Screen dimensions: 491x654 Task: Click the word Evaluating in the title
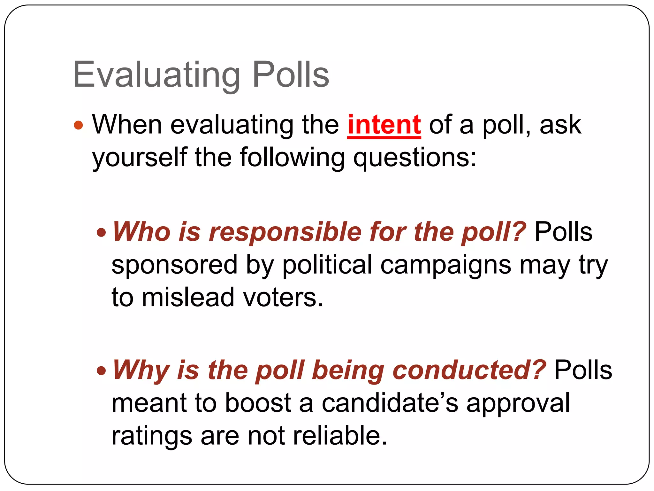coord(156,75)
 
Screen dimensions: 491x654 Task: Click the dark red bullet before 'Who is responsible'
coord(101,232)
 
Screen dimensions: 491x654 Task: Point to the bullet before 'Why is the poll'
coord(101,371)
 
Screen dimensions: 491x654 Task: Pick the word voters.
coord(283,297)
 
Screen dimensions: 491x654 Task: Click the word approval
coord(518,403)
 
